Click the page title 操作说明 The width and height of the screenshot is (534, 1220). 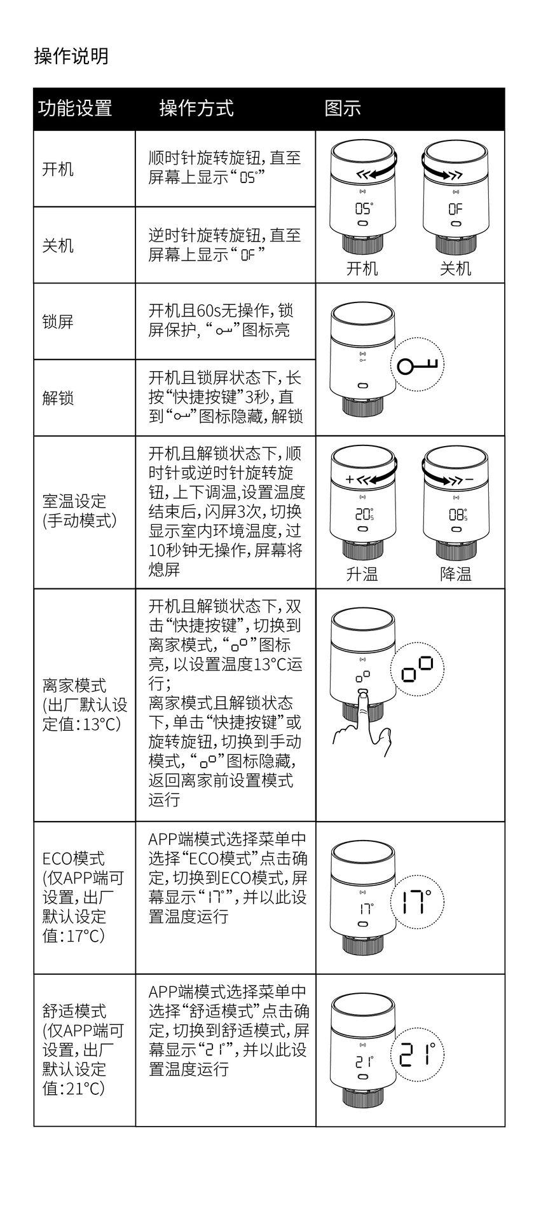(71, 57)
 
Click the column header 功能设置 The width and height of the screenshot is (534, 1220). (75, 109)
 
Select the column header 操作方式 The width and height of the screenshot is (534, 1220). (196, 109)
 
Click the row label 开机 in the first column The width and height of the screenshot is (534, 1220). (58, 169)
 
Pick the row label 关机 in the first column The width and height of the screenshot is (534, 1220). (58, 245)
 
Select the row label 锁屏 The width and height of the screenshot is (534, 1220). (58, 322)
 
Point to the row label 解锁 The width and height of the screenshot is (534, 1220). (58, 398)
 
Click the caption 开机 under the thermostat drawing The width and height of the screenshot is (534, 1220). (362, 268)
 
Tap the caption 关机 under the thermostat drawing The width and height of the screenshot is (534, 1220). (456, 268)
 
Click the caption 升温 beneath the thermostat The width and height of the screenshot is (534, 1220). (362, 574)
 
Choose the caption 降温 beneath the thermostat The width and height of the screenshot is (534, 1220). (456, 574)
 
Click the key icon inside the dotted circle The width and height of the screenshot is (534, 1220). (418, 366)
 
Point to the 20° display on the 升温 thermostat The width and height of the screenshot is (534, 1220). (364, 514)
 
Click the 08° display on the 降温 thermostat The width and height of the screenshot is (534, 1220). (458, 514)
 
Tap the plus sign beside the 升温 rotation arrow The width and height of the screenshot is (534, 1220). (349, 479)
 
